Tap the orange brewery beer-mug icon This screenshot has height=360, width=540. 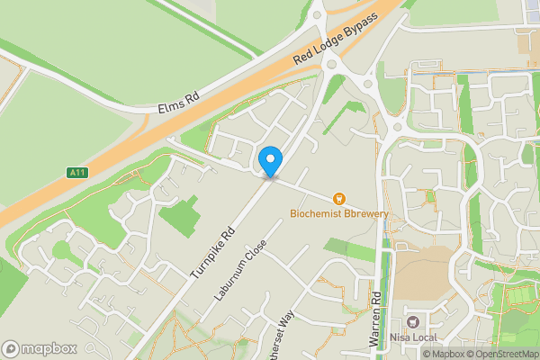[x=339, y=197]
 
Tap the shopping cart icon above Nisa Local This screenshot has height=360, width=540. [x=414, y=322]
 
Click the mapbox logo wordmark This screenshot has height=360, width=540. [x=40, y=348]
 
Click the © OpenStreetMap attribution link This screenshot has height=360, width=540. [x=499, y=354]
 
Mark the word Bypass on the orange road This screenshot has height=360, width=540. [x=381, y=20]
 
